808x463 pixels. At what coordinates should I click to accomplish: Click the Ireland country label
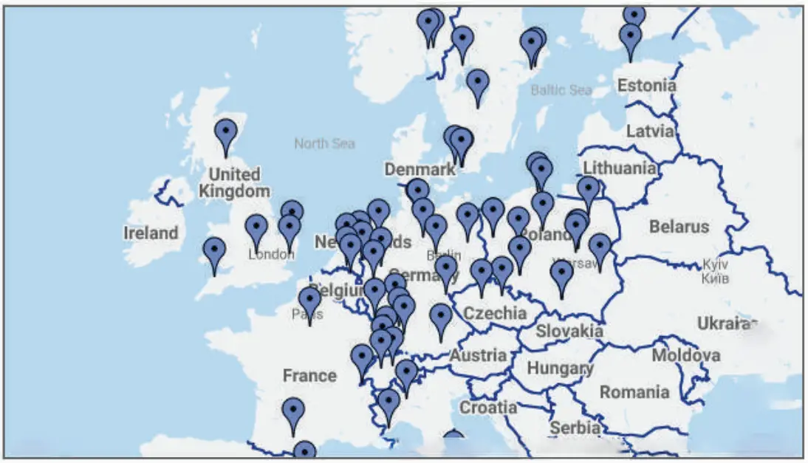point(151,233)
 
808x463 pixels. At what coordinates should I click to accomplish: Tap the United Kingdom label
point(234,183)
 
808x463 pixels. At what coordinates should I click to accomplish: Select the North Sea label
point(324,143)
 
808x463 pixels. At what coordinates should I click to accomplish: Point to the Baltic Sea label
point(561,90)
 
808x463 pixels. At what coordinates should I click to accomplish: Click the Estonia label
point(646,86)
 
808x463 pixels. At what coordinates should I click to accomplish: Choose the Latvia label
point(650,131)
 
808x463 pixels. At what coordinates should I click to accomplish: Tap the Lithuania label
point(620,168)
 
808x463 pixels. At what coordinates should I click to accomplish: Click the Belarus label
point(679,227)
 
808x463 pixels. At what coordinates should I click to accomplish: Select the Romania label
point(634,391)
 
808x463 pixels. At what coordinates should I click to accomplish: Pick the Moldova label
point(685,356)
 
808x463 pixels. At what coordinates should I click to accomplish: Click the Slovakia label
point(569,332)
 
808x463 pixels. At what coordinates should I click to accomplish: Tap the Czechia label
point(495,313)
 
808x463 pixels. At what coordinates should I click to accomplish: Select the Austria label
point(479,356)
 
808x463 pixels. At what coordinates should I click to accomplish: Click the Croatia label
point(488,407)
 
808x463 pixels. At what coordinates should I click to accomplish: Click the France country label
point(309,376)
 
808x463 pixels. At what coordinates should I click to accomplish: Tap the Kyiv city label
point(715,264)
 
